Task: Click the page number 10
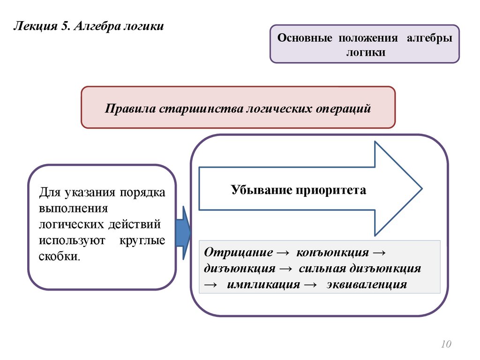click(x=445, y=345)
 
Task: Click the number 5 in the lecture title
click(x=64, y=26)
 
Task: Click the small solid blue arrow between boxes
click(x=183, y=232)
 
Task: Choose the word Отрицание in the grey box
click(x=239, y=252)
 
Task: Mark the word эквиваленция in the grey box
click(x=367, y=285)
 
